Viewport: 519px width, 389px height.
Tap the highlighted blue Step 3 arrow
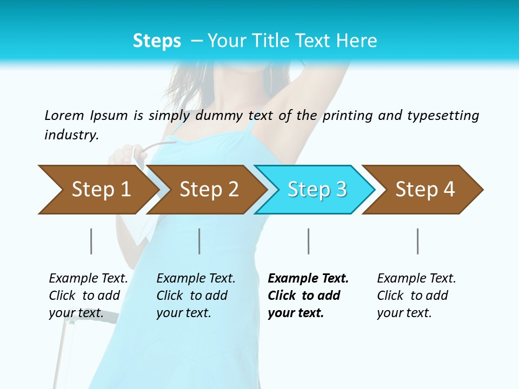(316, 190)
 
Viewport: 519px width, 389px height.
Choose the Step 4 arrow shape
(424, 190)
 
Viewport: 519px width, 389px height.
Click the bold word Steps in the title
(157, 41)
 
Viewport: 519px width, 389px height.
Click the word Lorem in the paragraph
(64, 115)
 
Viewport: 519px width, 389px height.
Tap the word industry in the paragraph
(71, 135)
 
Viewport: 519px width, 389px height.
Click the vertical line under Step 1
(91, 241)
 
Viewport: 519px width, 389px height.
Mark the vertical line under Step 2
(199, 241)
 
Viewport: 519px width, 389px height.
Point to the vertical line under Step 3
(308, 241)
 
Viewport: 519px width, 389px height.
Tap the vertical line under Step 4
(417, 241)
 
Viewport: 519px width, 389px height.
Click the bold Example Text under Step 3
(308, 278)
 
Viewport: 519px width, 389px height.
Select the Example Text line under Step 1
(88, 278)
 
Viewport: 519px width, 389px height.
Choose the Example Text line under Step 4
(416, 278)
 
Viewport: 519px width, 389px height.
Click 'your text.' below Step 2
(183, 313)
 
